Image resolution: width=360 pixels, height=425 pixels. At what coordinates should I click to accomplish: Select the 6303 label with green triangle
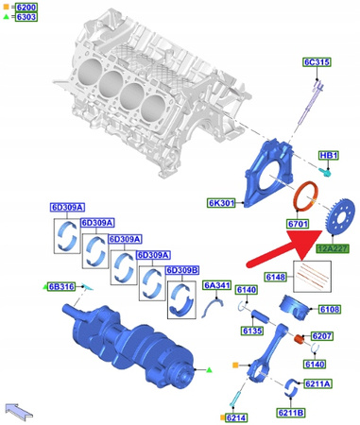tap(25, 17)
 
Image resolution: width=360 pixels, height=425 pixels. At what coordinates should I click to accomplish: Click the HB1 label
tap(328, 155)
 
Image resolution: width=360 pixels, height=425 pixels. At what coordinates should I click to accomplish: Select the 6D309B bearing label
tap(181, 270)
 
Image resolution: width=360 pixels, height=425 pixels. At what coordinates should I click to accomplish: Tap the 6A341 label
tap(216, 285)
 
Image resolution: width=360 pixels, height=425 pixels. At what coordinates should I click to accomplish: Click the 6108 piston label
tap(329, 309)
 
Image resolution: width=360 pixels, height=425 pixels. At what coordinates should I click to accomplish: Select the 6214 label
tap(234, 416)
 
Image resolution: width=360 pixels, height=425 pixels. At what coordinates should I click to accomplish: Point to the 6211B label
tap(291, 412)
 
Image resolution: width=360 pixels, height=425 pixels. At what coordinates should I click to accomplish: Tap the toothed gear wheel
tap(332, 216)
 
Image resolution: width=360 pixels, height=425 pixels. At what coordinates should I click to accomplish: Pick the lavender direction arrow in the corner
tap(18, 409)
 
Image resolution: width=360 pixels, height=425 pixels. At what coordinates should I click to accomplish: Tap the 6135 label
tap(251, 331)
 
